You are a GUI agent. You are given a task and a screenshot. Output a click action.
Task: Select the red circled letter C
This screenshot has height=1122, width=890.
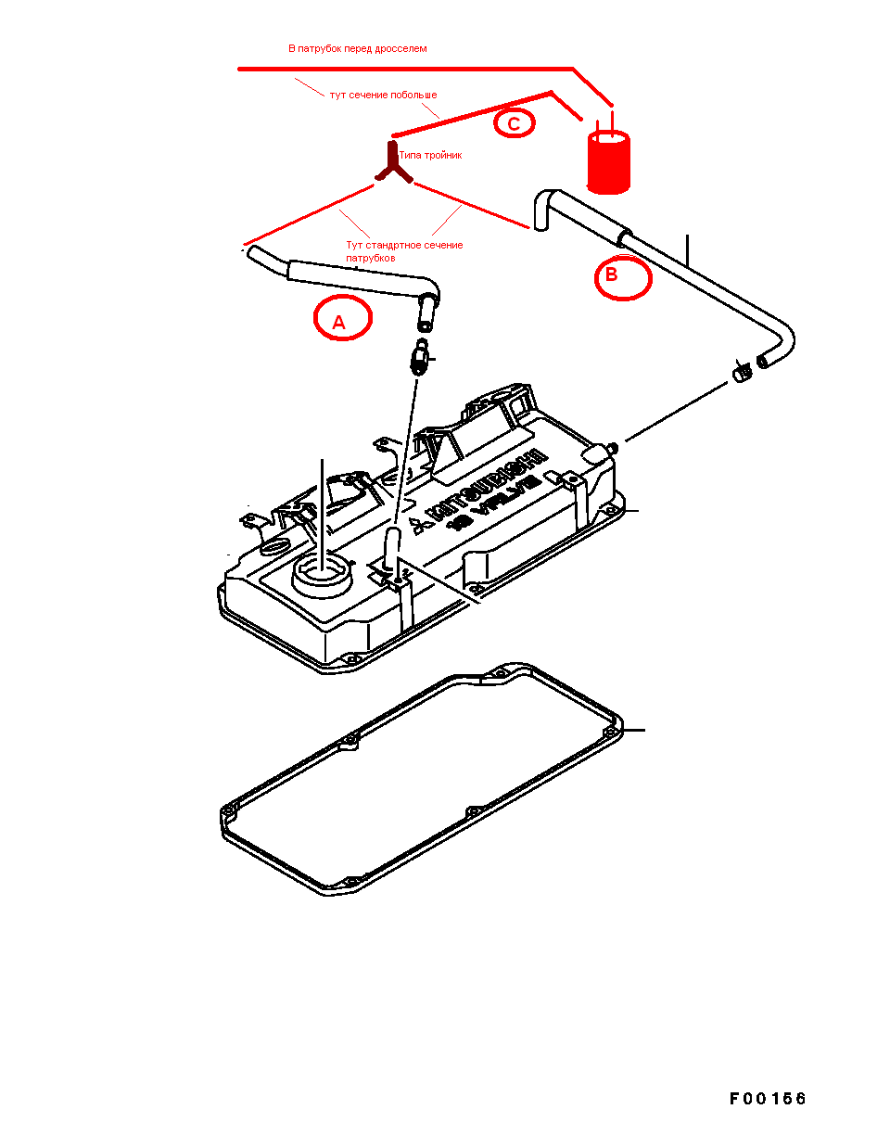coord(515,124)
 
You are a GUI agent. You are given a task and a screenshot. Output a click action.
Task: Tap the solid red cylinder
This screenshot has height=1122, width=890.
coord(608,162)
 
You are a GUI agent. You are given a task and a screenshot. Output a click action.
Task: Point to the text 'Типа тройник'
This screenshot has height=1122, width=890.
coord(430,156)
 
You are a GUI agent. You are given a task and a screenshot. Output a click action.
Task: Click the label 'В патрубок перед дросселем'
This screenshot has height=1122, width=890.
coord(358,48)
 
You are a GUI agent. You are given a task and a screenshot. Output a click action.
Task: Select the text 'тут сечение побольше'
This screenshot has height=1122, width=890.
coord(383,95)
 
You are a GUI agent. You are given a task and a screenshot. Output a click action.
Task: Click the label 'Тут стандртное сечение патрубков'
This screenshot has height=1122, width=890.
coord(404,251)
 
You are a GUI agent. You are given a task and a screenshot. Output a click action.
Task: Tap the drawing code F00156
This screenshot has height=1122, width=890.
coord(768,1099)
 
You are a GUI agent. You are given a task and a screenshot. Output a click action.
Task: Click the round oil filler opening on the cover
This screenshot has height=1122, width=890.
coord(322,577)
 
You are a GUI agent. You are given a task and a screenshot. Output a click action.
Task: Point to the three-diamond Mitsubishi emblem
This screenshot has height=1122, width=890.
coord(420,526)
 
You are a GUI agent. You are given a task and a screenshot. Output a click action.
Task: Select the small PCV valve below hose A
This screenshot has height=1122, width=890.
coord(419,357)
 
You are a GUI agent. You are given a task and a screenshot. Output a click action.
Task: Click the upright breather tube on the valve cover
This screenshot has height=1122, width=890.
coord(392,546)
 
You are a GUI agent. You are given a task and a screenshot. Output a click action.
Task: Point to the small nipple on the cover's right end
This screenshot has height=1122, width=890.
coord(612,447)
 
